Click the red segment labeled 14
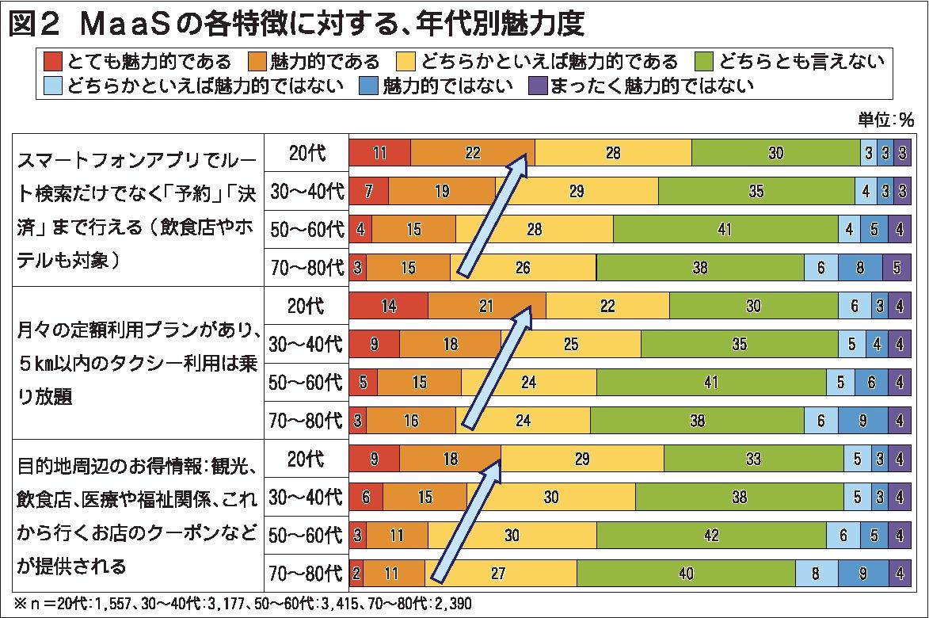388,306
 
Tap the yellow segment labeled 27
519,573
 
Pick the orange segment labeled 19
442,191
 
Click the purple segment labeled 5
897,268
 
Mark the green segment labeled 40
686,573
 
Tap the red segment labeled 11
379,153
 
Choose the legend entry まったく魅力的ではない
650,85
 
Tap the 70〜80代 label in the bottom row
306,573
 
